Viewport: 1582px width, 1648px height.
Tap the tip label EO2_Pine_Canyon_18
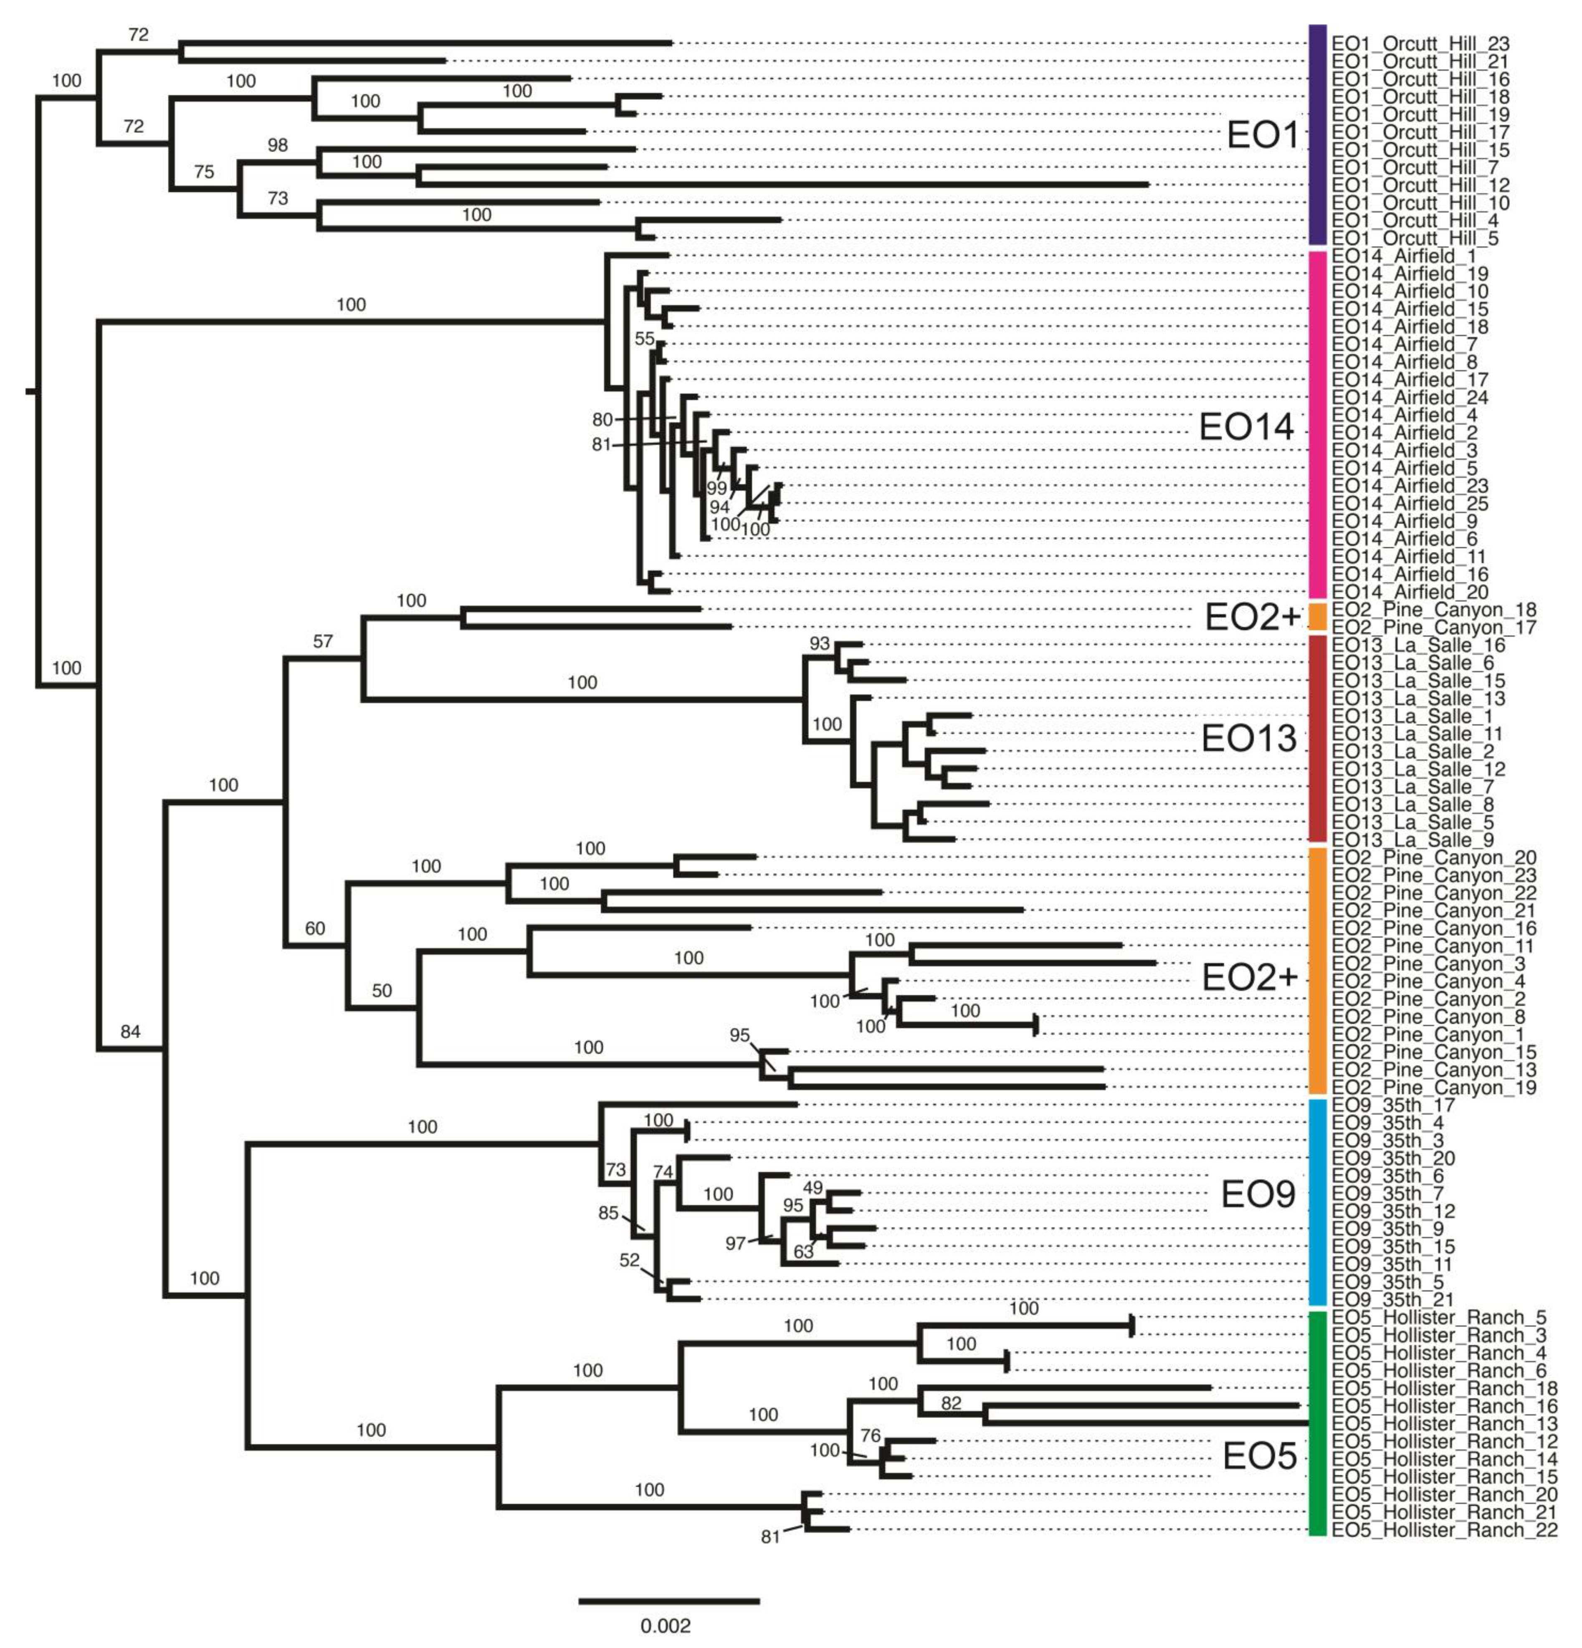(1433, 610)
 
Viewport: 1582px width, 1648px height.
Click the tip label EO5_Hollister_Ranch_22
(1444, 1529)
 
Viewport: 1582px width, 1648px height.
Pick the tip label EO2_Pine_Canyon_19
(1433, 1087)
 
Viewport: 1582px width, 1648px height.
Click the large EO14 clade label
(1246, 427)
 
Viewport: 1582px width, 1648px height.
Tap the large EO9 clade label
(1258, 1193)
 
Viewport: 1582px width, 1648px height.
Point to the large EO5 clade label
(1259, 1455)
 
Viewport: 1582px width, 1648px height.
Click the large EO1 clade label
(1263, 134)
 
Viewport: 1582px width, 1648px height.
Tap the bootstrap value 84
(130, 1032)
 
